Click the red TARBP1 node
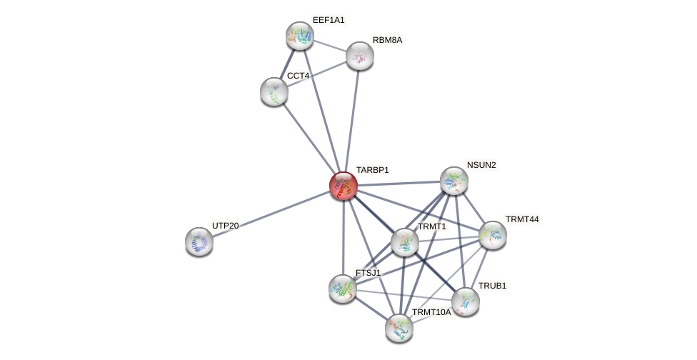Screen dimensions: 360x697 (x=344, y=186)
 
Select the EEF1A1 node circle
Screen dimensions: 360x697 (x=300, y=36)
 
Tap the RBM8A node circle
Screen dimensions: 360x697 (x=360, y=56)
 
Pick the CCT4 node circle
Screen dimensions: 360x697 (x=274, y=91)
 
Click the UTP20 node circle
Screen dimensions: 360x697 (x=199, y=241)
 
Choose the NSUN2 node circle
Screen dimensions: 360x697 (x=454, y=181)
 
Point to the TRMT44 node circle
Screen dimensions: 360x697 (x=493, y=235)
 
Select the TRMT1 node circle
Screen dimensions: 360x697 (x=405, y=242)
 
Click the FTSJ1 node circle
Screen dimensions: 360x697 (x=343, y=288)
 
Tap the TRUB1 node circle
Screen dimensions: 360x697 (x=466, y=301)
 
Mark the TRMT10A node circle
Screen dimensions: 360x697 (x=399, y=328)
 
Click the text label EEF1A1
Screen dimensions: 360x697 (x=329, y=20)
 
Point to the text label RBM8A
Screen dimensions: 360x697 (x=387, y=40)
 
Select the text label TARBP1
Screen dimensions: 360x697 (x=373, y=170)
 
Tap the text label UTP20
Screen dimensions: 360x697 (x=225, y=226)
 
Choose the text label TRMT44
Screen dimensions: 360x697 (x=522, y=219)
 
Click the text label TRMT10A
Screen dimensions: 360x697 (x=431, y=312)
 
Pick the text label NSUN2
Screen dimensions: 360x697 (x=481, y=165)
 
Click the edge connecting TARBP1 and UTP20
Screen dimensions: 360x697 (x=271, y=214)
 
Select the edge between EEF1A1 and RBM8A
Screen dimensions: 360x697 (x=330, y=46)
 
